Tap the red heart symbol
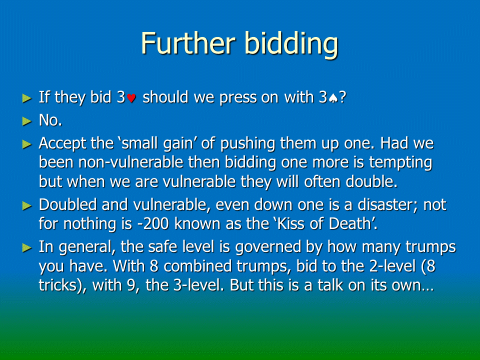coord(131,98)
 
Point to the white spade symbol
coord(333,98)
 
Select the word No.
coord(50,120)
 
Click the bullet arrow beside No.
coord(27,121)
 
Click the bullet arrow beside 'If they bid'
coord(27,98)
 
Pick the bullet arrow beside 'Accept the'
coord(27,144)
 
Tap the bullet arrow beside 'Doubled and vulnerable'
coord(27,205)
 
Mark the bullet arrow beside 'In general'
coord(27,247)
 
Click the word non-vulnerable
coord(130,162)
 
